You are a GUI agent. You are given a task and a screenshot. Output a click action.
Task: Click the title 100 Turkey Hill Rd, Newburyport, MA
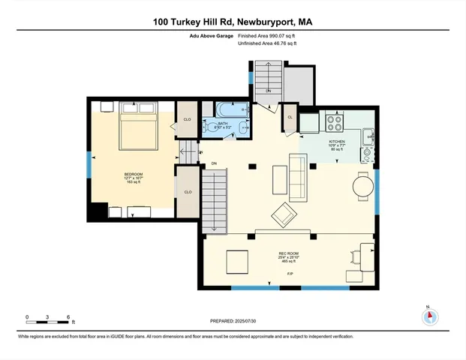pyautogui.click(x=233, y=22)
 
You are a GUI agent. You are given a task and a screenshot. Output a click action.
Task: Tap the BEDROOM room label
pyautogui.click(x=133, y=176)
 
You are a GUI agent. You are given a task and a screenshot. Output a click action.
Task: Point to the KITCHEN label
pyautogui.click(x=336, y=141)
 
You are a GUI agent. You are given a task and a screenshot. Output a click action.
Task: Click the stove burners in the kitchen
pyautogui.click(x=333, y=121)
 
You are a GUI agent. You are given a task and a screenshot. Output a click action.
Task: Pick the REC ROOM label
pyautogui.click(x=288, y=254)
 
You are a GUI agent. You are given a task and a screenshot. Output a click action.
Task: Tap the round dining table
pyautogui.click(x=362, y=185)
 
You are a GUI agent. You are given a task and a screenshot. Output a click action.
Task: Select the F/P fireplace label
pyautogui.click(x=290, y=274)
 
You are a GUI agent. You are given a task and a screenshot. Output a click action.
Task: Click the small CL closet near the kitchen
pyautogui.click(x=290, y=117)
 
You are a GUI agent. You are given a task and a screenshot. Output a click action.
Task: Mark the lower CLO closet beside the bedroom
pyautogui.click(x=187, y=192)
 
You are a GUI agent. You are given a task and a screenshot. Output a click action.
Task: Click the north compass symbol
pyautogui.click(x=428, y=315)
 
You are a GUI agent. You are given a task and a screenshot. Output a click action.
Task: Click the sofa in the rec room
pyautogui.click(x=297, y=181)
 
